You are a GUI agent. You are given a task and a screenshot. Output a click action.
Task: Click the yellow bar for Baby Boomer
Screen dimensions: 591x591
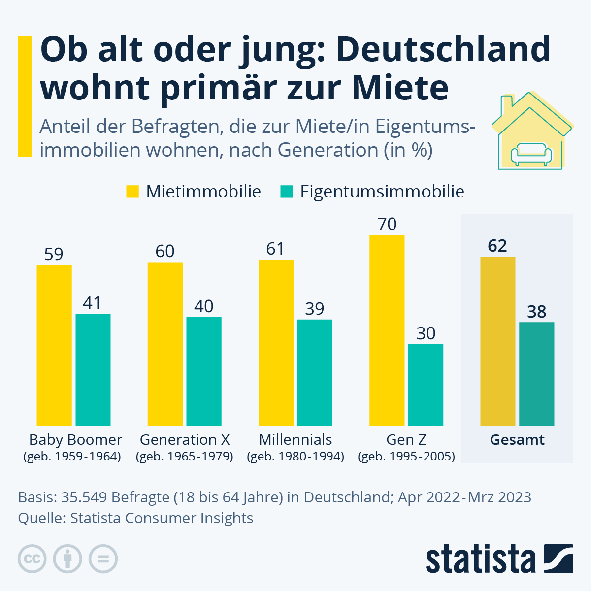[54, 345]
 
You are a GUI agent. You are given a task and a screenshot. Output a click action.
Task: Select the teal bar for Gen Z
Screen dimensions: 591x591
[426, 385]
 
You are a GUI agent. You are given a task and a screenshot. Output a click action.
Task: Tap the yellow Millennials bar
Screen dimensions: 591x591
[276, 342]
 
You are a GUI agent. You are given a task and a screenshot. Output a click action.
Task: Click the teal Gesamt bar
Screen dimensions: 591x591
[537, 374]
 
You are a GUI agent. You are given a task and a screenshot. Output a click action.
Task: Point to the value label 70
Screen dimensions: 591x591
[387, 224]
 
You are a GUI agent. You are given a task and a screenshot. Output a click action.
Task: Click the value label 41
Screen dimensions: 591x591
[92, 303]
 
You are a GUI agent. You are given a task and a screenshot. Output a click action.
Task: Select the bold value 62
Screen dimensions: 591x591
[497, 246]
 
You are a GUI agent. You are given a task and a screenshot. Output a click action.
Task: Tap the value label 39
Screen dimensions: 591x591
[314, 309]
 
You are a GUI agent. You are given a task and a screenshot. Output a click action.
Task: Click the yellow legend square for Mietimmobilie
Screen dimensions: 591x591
[132, 192]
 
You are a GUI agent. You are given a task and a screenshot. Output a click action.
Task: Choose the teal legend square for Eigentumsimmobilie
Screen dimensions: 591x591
[287, 192]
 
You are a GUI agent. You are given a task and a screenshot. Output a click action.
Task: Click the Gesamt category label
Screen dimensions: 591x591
[517, 440]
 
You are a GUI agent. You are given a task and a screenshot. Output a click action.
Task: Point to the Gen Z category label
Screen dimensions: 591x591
[406, 439]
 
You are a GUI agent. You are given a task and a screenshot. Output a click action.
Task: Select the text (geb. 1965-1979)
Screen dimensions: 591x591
[185, 457]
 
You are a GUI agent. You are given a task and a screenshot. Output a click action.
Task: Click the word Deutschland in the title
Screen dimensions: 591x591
[444, 49]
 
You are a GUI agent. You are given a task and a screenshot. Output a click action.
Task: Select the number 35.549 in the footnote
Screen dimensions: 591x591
[84, 497]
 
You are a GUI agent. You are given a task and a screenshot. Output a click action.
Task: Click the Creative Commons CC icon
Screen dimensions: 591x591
[32, 559]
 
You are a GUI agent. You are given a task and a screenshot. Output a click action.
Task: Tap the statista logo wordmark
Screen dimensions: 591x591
[481, 559]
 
